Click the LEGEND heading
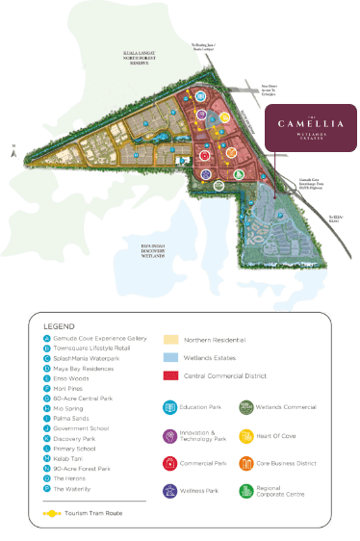(60, 326)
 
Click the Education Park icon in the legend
(170, 408)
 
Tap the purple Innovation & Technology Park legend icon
(170, 436)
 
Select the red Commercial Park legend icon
(170, 464)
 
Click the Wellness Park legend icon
(170, 491)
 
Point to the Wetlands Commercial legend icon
(245, 408)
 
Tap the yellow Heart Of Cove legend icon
(245, 436)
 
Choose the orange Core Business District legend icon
(245, 464)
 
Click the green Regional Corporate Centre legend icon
(245, 491)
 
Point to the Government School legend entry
(81, 428)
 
